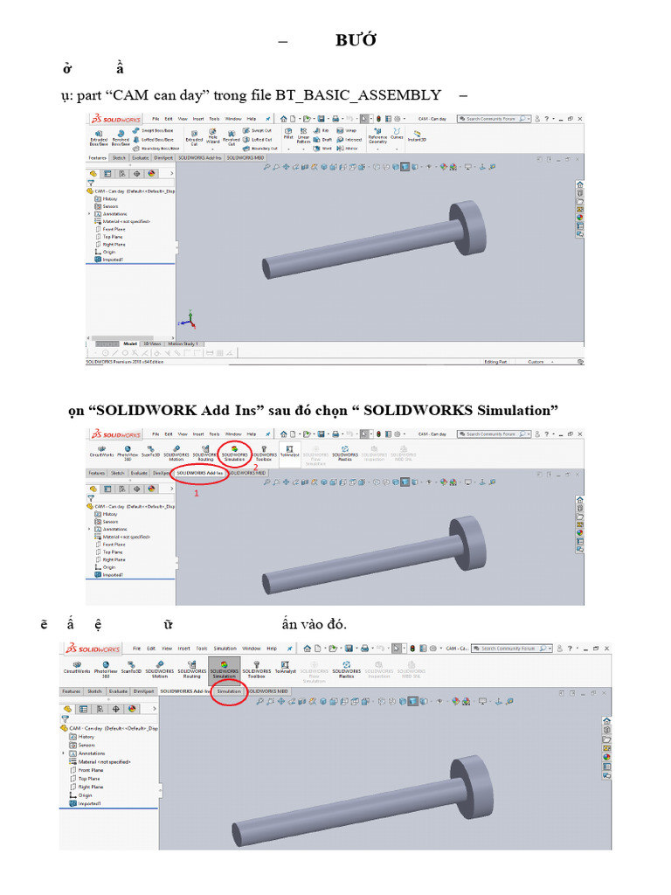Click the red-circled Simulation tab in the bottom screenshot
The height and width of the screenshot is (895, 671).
tap(229, 690)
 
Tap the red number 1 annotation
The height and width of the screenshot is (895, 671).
tap(196, 493)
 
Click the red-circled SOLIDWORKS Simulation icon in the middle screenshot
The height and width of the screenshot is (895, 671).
tap(234, 452)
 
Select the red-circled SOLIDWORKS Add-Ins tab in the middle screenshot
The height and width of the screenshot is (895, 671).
tap(200, 473)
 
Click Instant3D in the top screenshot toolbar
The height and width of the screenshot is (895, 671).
tap(417, 136)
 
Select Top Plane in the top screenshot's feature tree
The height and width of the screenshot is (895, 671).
tap(113, 237)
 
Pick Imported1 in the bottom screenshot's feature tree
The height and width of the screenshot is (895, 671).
tap(90, 803)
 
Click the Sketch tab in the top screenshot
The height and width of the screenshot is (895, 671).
tap(119, 158)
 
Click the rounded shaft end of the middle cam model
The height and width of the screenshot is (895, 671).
tap(270, 584)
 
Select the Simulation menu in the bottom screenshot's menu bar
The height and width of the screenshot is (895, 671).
tap(225, 649)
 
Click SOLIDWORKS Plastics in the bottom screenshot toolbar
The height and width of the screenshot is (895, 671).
tap(346, 672)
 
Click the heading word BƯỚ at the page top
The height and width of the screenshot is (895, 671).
tap(356, 40)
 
